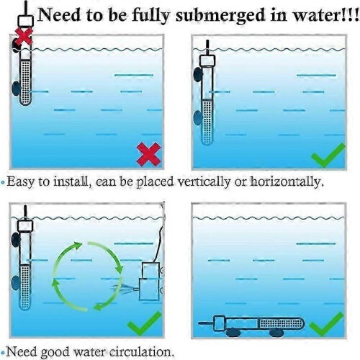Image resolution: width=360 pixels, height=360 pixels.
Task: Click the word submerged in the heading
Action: click(x=220, y=16)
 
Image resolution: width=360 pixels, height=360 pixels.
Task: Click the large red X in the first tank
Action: click(x=149, y=154)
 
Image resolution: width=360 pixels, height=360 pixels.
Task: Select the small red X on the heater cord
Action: click(x=24, y=36)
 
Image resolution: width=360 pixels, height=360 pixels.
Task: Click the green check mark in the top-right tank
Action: click(x=328, y=155)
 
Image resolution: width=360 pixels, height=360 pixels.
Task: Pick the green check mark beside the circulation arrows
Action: click(x=145, y=323)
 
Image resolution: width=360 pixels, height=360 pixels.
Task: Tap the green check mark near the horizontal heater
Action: click(x=326, y=324)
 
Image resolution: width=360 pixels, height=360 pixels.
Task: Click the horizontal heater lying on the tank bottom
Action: click(x=251, y=323)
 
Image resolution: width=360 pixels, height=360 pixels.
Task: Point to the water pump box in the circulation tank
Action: click(x=150, y=282)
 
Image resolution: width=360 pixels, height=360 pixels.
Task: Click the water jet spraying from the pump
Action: click(x=125, y=289)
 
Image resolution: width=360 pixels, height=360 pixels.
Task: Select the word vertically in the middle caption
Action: click(x=204, y=182)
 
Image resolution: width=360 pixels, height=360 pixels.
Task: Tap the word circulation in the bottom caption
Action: click(x=141, y=352)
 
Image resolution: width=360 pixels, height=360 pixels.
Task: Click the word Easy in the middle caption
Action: click(x=21, y=182)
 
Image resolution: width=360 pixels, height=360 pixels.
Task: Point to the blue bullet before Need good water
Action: click(x=3, y=353)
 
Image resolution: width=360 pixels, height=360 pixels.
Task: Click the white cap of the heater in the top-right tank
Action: click(x=207, y=60)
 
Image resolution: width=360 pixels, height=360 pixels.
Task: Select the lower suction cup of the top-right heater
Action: click(x=198, y=118)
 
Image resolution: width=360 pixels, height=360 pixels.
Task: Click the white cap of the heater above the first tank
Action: click(x=26, y=21)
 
